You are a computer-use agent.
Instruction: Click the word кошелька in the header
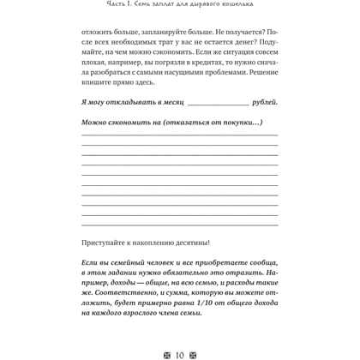[x=255, y=9]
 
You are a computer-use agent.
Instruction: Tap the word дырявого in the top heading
[x=208, y=9]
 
